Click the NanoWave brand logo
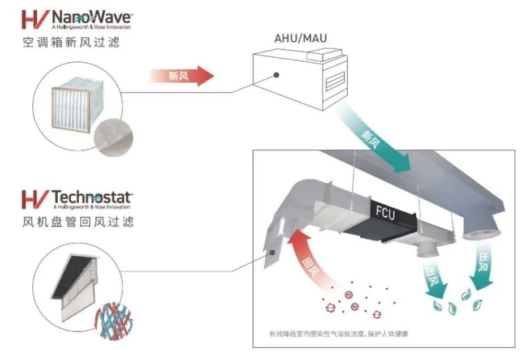pos(76,19)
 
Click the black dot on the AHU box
pos(277,74)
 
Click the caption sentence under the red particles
pos(339,334)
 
